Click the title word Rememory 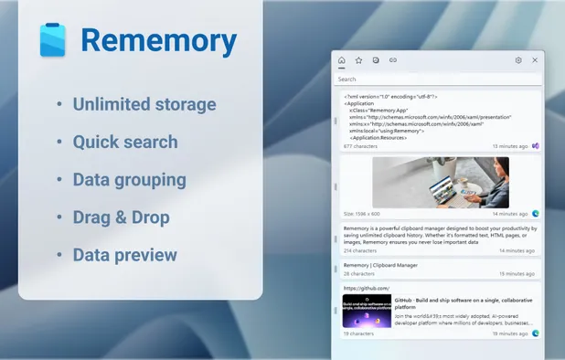pos(158,40)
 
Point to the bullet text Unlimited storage pos(144,104)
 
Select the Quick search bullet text pos(125,142)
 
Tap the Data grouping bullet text pos(130,179)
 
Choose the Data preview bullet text pos(125,254)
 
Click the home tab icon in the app pos(342,60)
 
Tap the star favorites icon pos(359,60)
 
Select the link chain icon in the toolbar pos(393,60)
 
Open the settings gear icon pos(518,60)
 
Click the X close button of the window pos(535,60)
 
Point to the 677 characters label pos(360,146)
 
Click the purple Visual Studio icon pos(536,146)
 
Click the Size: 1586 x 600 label pos(364,213)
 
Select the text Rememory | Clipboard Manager pos(381,265)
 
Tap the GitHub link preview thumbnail pos(368,311)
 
